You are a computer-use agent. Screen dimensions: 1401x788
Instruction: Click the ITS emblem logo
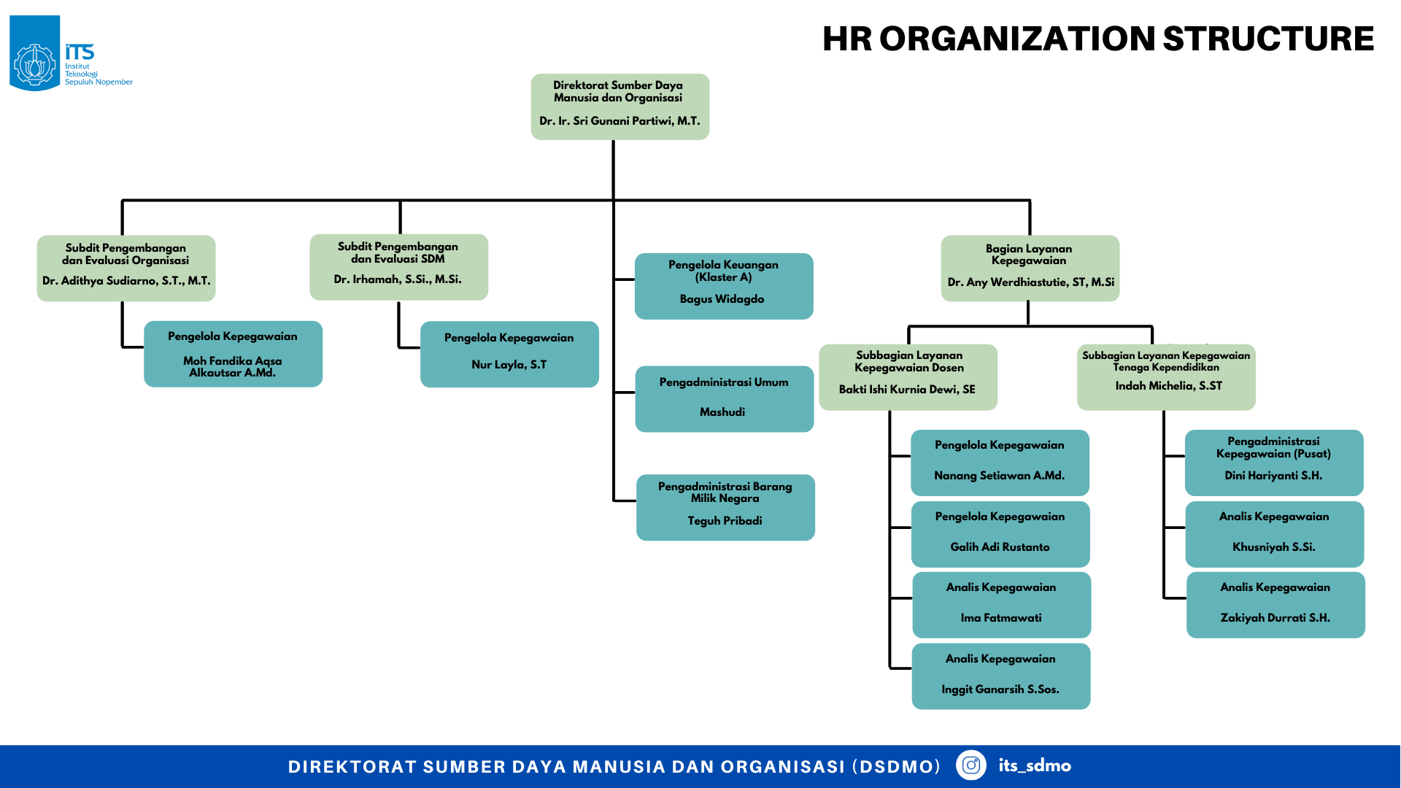(x=35, y=53)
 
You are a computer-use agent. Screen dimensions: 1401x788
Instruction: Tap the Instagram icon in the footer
(x=970, y=765)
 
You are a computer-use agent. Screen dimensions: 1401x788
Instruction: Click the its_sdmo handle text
(x=1035, y=765)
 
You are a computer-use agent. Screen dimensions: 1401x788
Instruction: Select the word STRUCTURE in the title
(x=1268, y=39)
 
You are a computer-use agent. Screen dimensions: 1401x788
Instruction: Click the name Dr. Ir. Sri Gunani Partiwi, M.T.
(x=620, y=121)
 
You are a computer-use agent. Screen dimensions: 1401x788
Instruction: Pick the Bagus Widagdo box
(x=724, y=286)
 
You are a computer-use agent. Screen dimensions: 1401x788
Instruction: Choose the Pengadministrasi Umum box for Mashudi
(x=725, y=399)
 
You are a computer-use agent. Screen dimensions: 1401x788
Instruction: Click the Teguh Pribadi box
(x=725, y=508)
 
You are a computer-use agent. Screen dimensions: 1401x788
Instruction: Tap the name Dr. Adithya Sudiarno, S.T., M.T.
(x=126, y=281)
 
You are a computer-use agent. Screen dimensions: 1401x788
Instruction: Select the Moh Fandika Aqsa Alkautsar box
(x=233, y=354)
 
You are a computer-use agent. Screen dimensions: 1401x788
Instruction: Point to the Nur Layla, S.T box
(x=509, y=354)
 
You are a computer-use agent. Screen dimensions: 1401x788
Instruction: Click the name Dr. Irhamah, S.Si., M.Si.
(x=398, y=279)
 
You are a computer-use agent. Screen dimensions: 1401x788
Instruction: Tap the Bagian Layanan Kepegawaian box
(x=1030, y=269)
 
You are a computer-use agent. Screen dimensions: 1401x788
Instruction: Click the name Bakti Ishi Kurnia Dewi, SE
(x=907, y=390)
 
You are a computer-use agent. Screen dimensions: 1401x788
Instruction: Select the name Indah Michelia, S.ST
(x=1168, y=386)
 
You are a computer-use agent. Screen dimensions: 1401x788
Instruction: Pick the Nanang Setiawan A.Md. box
(x=1000, y=463)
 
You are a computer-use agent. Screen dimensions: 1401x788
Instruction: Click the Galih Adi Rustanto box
(x=1000, y=534)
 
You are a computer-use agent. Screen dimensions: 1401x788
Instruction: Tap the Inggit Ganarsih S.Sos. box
(x=1001, y=676)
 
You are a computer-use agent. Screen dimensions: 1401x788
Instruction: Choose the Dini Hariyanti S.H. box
(x=1274, y=463)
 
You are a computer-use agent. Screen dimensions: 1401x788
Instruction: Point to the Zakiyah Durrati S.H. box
(x=1275, y=605)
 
